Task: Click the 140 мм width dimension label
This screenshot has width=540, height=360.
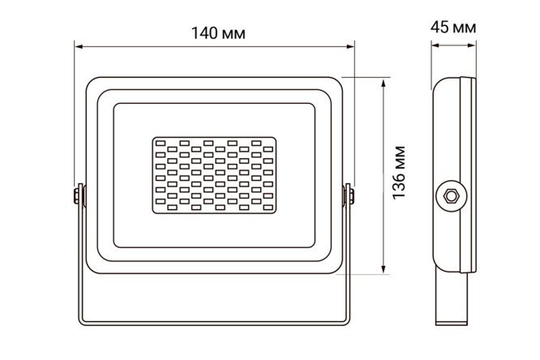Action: [218, 33]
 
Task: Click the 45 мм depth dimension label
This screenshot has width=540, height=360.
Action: [453, 28]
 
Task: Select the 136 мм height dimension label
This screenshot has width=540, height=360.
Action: [400, 173]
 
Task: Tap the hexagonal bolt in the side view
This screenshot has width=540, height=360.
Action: [451, 195]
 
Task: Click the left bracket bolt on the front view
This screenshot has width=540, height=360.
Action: [76, 196]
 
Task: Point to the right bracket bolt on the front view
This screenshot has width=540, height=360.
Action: [351, 196]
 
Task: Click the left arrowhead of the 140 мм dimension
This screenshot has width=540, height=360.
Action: [79, 46]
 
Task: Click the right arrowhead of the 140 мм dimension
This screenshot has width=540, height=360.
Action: [350, 46]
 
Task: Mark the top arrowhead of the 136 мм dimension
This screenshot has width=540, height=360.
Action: [383, 83]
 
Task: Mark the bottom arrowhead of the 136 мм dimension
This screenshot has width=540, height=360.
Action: [383, 269]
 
